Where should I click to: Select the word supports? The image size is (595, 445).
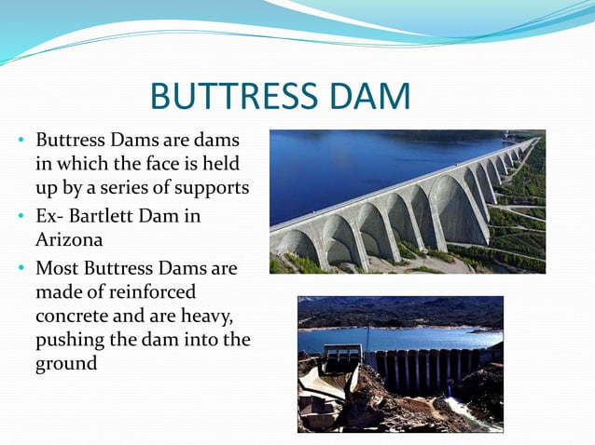[x=215, y=187]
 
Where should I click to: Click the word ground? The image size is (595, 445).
[x=66, y=363]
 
